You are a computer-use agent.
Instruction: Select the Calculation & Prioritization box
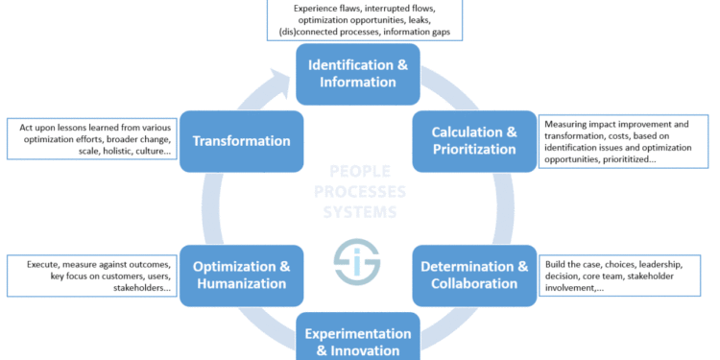click(473, 141)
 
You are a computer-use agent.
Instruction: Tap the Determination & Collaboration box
click(473, 275)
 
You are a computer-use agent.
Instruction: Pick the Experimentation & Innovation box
click(357, 340)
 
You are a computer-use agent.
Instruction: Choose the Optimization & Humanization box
click(241, 275)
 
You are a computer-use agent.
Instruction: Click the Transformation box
click(241, 141)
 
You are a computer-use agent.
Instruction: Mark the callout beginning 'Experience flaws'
click(364, 20)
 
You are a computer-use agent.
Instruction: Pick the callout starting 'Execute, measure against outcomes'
click(93, 275)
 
